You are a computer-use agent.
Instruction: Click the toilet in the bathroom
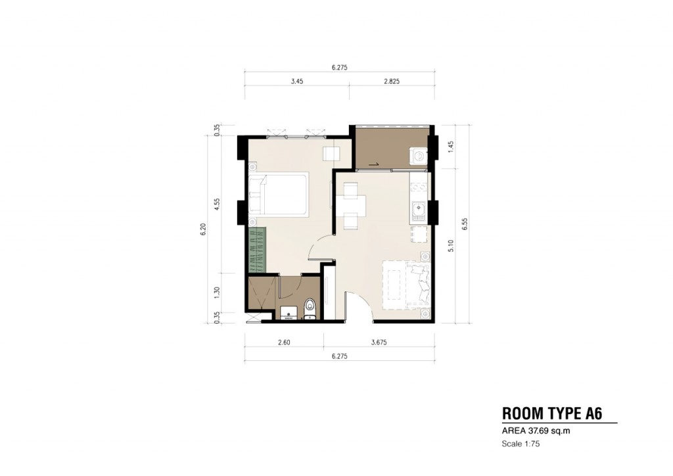[x=310, y=308]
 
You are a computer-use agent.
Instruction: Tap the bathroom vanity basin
[x=288, y=312]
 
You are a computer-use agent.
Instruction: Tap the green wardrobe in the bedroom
[x=258, y=250]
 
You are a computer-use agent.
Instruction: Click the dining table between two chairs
[x=350, y=207]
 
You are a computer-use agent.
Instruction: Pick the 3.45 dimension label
[x=296, y=83]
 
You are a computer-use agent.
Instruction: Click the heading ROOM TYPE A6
[x=551, y=414]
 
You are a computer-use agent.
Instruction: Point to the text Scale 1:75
[x=521, y=444]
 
